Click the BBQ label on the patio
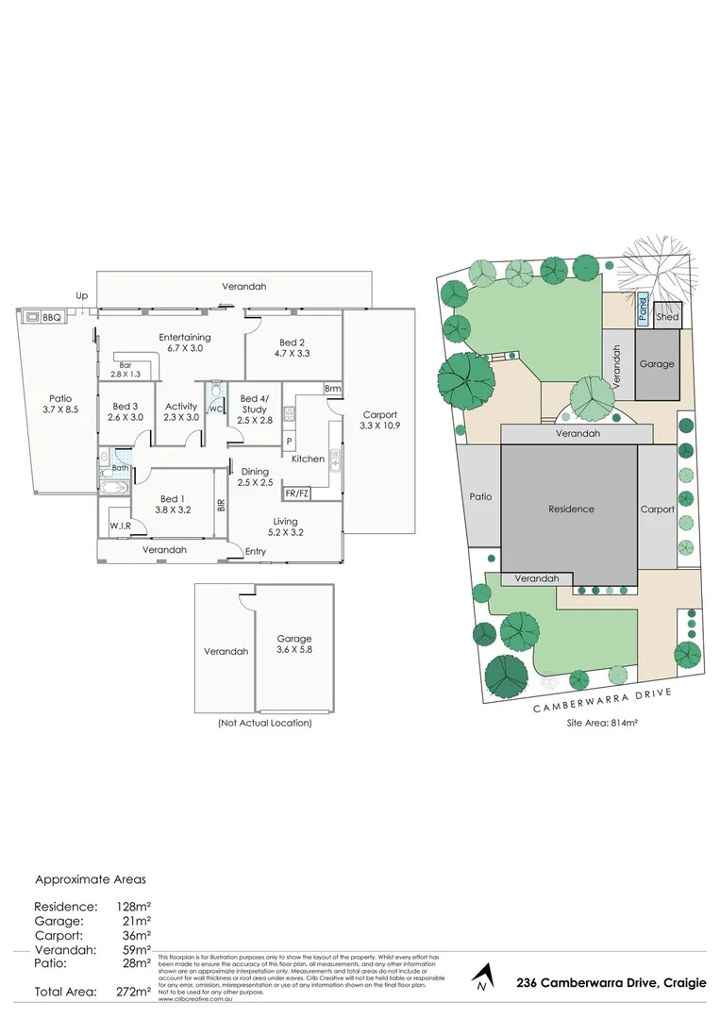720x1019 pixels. pos(51,318)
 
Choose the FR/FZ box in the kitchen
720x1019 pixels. pos(296,493)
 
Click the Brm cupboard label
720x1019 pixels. pos(331,388)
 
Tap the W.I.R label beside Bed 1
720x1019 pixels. pos(119,526)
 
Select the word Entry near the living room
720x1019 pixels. pos(256,551)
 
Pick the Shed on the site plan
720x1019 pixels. pos(668,317)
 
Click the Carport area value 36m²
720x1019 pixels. pos(135,934)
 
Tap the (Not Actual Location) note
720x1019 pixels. pos(264,723)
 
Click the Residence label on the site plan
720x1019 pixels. pos(571,509)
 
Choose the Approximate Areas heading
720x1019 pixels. pos(91,879)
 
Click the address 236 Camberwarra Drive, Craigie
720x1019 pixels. pos(611,982)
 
